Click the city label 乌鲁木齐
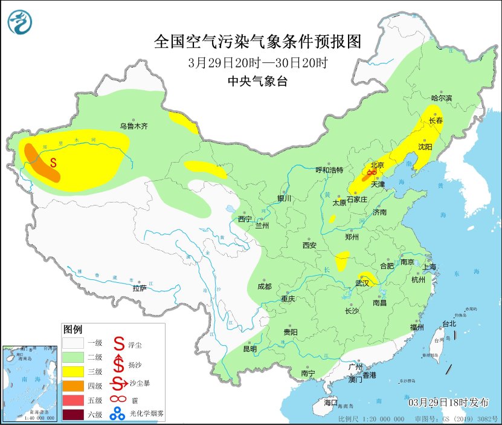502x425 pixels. tap(133, 126)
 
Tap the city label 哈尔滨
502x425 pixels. tap(441, 98)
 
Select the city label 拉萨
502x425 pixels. tap(140, 288)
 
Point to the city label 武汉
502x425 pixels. tap(363, 282)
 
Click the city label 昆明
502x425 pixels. tap(249, 349)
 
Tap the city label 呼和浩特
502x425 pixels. tap(330, 170)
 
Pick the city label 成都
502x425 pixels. tap(264, 287)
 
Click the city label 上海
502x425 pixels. tap(430, 267)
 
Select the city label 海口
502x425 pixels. tap(330, 403)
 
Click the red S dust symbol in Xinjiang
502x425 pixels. tap(54, 162)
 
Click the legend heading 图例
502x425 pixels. tap(72, 329)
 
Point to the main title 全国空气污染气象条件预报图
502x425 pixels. tap(257, 42)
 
